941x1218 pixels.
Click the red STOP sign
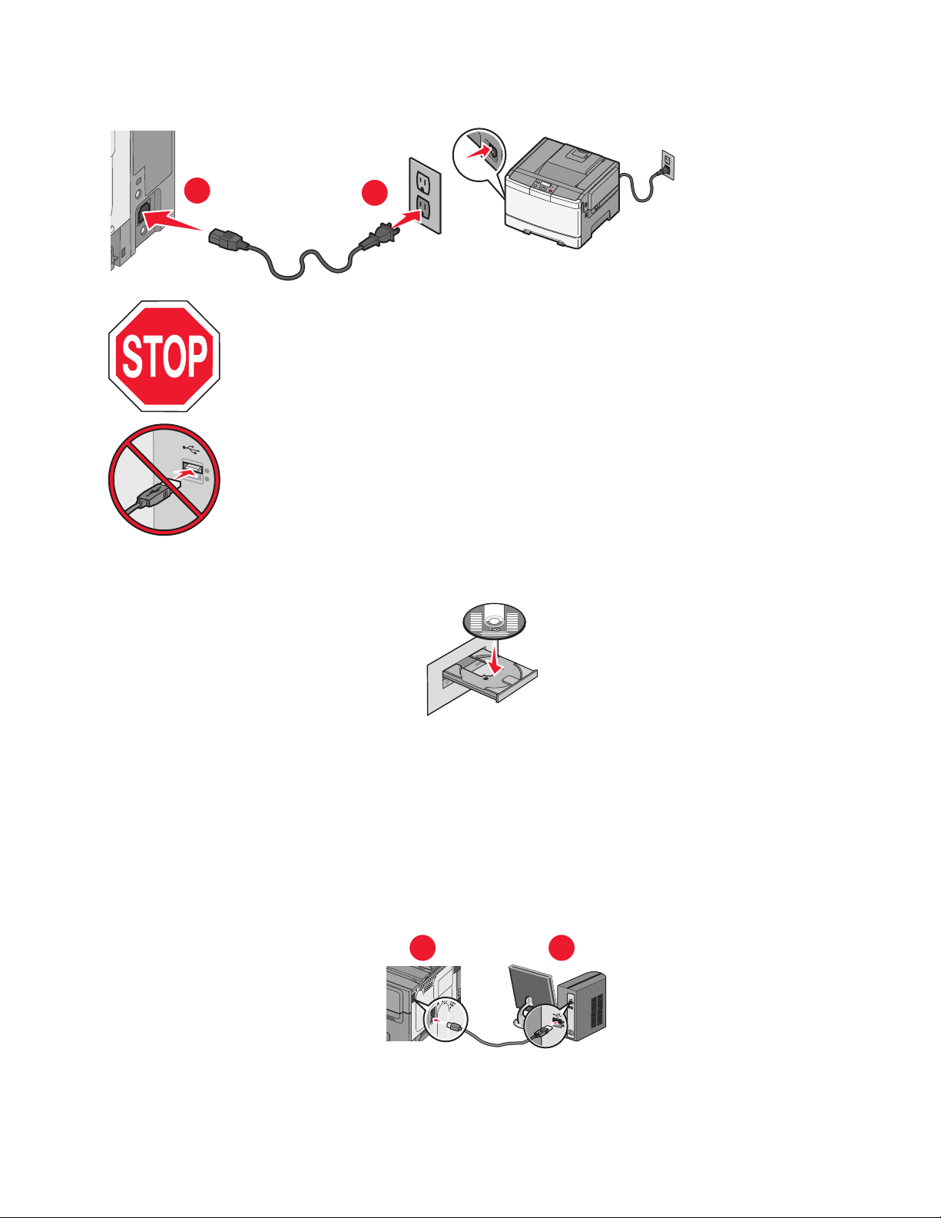point(164,356)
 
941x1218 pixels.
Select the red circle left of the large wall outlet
point(376,192)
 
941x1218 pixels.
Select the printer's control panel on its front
point(543,188)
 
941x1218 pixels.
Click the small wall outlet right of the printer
point(667,163)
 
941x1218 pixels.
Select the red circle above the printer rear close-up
point(422,947)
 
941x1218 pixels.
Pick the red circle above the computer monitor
point(562,947)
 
